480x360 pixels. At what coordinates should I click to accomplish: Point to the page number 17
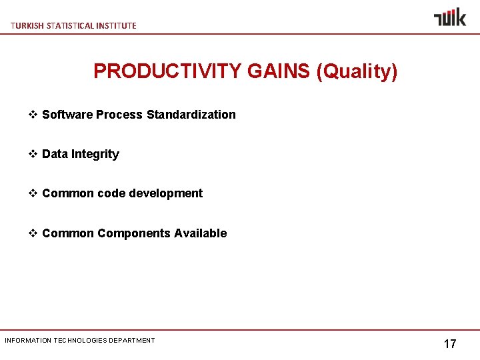[450, 344]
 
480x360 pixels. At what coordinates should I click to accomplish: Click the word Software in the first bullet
[67, 115]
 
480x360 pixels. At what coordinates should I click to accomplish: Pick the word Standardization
[191, 115]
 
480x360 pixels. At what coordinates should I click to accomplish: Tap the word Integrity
[95, 154]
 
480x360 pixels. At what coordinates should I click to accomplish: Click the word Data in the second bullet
[55, 154]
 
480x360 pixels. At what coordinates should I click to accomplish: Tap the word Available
[201, 233]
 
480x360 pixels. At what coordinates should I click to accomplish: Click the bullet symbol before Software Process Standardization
[33, 115]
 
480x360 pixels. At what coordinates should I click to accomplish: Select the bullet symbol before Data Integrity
[33, 154]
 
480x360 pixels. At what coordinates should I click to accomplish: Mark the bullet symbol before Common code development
[33, 193]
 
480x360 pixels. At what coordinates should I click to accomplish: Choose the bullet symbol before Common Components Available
[33, 233]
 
